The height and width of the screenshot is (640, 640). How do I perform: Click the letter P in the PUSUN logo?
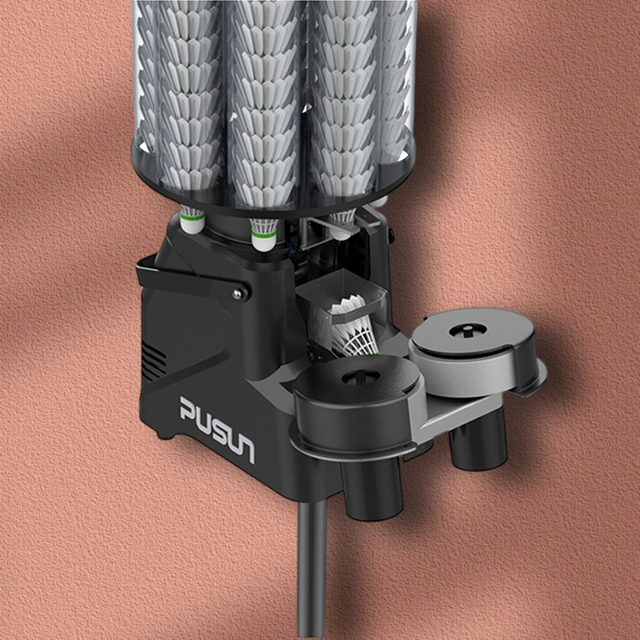pos(190,410)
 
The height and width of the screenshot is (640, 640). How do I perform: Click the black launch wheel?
pos(354,398)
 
